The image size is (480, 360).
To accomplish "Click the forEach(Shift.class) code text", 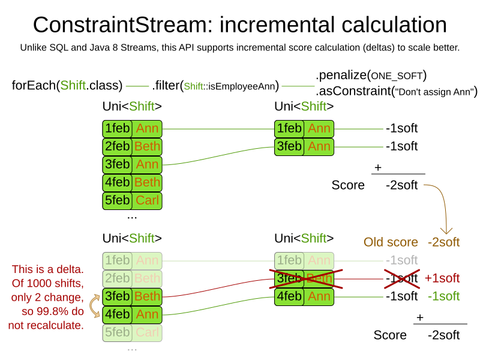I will tap(67, 85).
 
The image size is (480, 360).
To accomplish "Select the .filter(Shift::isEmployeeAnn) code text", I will tap(215, 86).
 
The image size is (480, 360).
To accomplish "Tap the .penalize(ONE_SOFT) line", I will tap(371, 76).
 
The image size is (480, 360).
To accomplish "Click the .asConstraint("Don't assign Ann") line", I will tap(396, 91).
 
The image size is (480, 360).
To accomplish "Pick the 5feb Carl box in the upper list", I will tap(132, 200).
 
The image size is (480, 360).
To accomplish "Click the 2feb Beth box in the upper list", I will tap(132, 146).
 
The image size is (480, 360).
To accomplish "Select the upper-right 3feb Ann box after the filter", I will tap(304, 146).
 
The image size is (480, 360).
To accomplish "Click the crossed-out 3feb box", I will tap(304, 278).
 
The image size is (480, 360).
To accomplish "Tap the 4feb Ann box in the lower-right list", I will tap(304, 296).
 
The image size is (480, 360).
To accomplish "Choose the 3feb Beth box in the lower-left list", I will tap(132, 296).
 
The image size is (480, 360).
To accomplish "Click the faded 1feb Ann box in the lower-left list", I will tap(132, 260).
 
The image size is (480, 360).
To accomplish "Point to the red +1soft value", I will tap(442, 278).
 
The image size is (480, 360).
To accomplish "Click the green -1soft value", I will tap(443, 296).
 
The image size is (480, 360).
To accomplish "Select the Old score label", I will tap(391, 242).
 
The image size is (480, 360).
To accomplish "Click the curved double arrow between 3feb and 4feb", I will tap(95, 305).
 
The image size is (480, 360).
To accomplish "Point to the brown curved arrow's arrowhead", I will tap(446, 230).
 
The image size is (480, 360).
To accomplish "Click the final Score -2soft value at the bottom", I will tap(443, 335).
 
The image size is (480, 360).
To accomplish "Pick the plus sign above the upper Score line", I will tap(378, 167).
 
